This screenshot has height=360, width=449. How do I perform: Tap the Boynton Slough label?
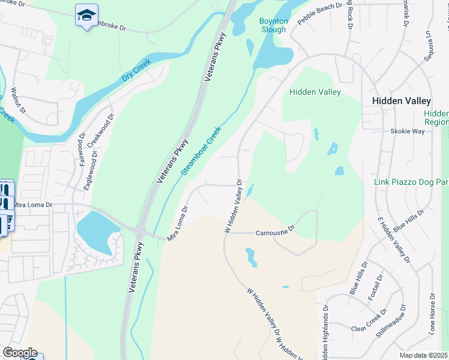273,25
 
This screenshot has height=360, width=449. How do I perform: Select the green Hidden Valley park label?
315,92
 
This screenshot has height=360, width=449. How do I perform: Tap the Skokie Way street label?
407,131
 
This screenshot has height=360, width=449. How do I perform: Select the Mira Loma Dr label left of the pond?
34,205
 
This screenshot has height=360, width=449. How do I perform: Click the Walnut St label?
19,101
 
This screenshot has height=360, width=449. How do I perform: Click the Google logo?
19,352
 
